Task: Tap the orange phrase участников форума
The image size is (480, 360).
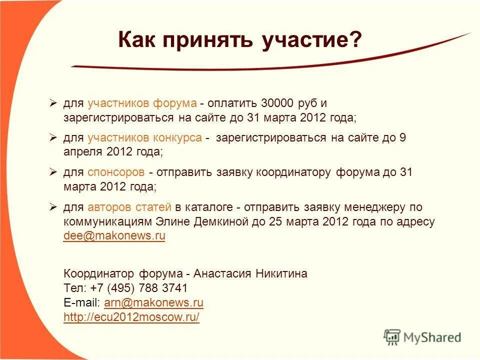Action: [x=142, y=103]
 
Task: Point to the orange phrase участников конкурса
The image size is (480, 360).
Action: [x=144, y=138]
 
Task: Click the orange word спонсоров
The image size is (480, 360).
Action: [x=116, y=172]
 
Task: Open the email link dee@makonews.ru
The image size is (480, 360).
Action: [x=114, y=236]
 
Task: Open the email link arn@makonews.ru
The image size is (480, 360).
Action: [x=153, y=302]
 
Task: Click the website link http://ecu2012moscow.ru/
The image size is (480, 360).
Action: [x=131, y=317]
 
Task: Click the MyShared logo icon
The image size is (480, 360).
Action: [x=392, y=336]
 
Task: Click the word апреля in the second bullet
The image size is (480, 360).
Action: [x=80, y=152]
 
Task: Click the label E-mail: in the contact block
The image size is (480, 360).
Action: [x=82, y=302]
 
